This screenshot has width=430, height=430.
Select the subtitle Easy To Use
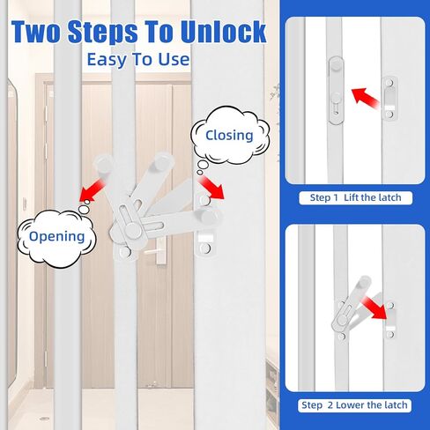pos(137,60)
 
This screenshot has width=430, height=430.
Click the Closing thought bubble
pos(228,136)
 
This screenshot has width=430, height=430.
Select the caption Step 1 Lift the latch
pos(355,197)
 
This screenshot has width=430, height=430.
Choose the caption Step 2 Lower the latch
pos(355,405)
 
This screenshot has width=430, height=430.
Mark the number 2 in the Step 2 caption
pos(330,405)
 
